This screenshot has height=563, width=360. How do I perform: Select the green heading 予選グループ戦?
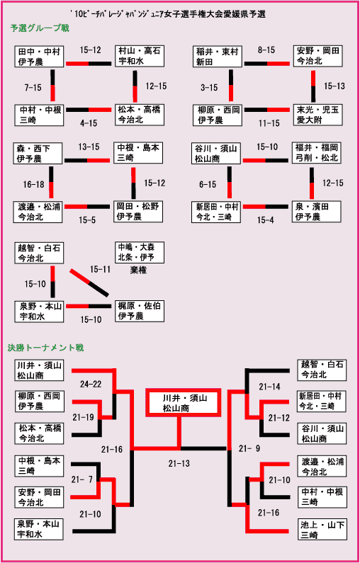pos(40,28)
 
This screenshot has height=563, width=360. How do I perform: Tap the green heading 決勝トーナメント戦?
pos(45,348)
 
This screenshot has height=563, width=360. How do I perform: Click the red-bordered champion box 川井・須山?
pos(183,402)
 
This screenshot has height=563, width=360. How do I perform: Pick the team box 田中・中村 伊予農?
pos(40,56)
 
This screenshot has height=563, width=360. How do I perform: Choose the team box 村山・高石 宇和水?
pos(139,56)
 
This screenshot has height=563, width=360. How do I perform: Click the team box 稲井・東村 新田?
pos(218,56)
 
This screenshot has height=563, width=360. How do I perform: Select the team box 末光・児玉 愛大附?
pos(317,115)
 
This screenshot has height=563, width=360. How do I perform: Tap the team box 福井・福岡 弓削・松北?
pos(317,152)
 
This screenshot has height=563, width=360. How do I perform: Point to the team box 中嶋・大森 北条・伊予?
pos(139,252)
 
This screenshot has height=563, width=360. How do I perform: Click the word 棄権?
pos(138,270)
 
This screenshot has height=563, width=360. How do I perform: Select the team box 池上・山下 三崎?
pos(322,530)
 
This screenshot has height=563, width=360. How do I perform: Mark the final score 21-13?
pos(179,464)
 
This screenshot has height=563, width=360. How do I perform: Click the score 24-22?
pos(91,385)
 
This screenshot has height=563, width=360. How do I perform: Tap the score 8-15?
pos(266,50)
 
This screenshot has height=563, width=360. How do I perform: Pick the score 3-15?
pos(209,88)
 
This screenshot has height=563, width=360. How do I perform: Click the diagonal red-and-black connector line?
pos(89,283)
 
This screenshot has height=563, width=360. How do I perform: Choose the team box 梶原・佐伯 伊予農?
pos(139,311)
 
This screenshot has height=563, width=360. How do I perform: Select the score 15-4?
pos(265,220)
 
